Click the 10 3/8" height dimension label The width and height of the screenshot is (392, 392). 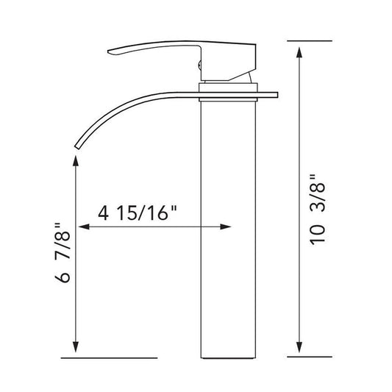[318, 210]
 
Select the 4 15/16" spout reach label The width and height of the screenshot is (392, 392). [138, 213]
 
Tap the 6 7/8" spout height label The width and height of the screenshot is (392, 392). [62, 253]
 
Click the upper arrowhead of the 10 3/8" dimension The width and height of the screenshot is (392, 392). [299, 52]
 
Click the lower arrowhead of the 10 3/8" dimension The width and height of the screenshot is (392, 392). [299, 347]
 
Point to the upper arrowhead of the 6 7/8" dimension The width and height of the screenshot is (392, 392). [76, 161]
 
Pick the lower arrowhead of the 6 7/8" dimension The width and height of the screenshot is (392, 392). [76, 347]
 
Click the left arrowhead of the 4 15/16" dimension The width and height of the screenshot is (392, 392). [84, 227]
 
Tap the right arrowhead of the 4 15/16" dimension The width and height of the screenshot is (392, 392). [225, 227]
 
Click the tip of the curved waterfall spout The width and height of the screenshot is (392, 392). [77, 148]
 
